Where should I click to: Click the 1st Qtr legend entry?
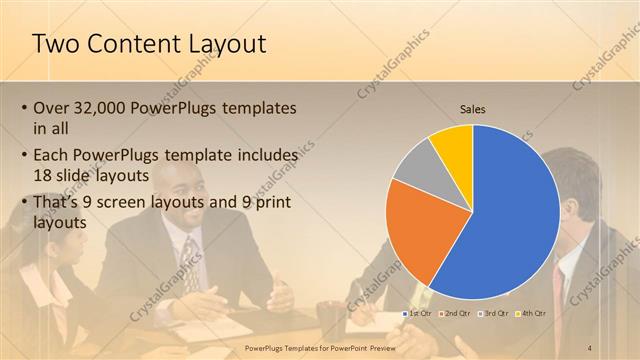coord(419,314)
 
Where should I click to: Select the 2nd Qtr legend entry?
coord(456,314)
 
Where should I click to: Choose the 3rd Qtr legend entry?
coord(494,314)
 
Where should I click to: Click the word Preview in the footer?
coord(389,347)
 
